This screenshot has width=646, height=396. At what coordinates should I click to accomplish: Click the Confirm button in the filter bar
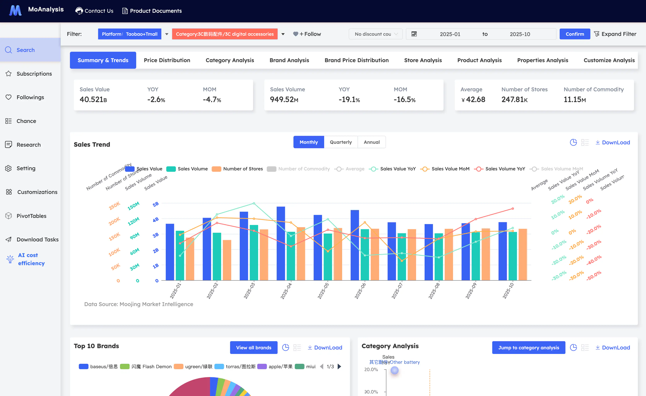click(x=575, y=34)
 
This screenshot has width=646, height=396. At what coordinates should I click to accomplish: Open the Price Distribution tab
click(x=167, y=60)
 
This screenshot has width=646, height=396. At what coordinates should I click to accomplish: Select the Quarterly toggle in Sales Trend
click(x=341, y=142)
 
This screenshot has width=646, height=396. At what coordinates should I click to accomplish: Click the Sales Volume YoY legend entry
click(x=499, y=169)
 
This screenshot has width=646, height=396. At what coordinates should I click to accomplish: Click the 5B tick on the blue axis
click(x=156, y=204)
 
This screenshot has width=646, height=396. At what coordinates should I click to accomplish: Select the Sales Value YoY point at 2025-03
click(x=254, y=203)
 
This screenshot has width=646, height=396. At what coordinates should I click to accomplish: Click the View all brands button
click(x=253, y=348)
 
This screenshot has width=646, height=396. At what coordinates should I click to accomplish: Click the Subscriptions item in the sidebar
click(x=34, y=74)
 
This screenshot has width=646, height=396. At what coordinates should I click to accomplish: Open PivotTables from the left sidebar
click(x=31, y=216)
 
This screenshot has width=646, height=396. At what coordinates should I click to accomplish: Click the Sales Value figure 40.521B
click(x=93, y=100)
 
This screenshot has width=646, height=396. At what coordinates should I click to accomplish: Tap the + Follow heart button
click(x=307, y=34)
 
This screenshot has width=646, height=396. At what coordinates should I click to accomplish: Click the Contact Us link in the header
click(x=94, y=11)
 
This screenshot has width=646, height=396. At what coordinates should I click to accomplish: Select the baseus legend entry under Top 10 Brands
click(x=98, y=366)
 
